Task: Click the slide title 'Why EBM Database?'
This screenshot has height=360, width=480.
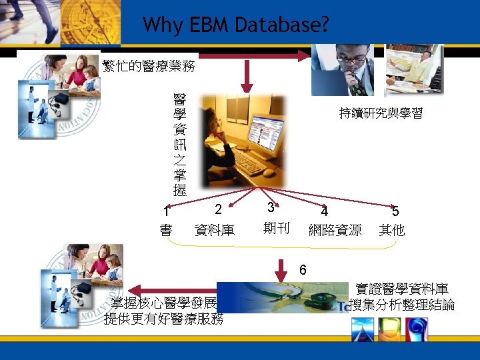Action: point(235,25)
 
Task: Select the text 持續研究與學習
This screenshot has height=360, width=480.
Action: point(381,113)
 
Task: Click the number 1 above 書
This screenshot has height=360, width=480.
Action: point(166,213)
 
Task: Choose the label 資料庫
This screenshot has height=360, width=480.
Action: point(214,231)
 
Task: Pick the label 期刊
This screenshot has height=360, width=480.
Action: point(276,229)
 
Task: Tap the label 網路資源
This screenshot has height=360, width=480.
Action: point(335,231)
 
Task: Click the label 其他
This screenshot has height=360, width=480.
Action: point(391,231)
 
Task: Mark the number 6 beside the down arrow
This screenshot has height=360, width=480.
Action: point(303,269)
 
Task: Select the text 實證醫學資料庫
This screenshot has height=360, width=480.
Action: point(401,289)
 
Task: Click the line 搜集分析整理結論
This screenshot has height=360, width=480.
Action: point(401,305)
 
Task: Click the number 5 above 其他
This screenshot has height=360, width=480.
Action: point(395,212)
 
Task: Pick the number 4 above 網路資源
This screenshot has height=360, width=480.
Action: point(324,212)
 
